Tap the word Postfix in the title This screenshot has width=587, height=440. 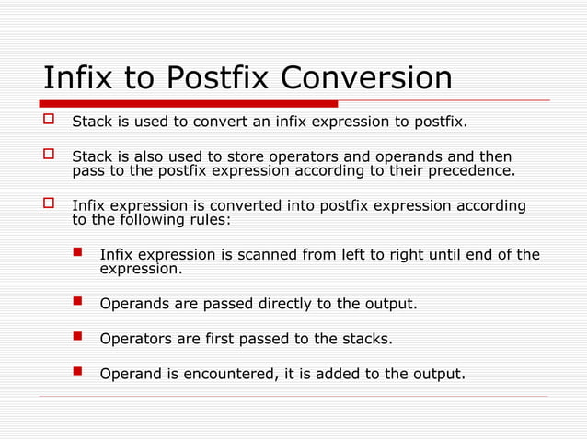[218, 78]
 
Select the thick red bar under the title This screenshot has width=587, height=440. [190, 103]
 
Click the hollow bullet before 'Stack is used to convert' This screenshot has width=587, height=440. [51, 121]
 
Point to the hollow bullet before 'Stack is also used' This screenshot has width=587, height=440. [51, 156]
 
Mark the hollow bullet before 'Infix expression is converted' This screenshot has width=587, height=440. [51, 205]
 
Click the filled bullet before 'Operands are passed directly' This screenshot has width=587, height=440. [79, 302]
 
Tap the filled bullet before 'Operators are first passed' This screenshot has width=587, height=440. [79, 338]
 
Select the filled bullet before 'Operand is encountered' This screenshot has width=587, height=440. [79, 373]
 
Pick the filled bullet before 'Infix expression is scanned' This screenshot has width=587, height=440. [79, 254]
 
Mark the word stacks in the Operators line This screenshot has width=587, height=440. [367, 339]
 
